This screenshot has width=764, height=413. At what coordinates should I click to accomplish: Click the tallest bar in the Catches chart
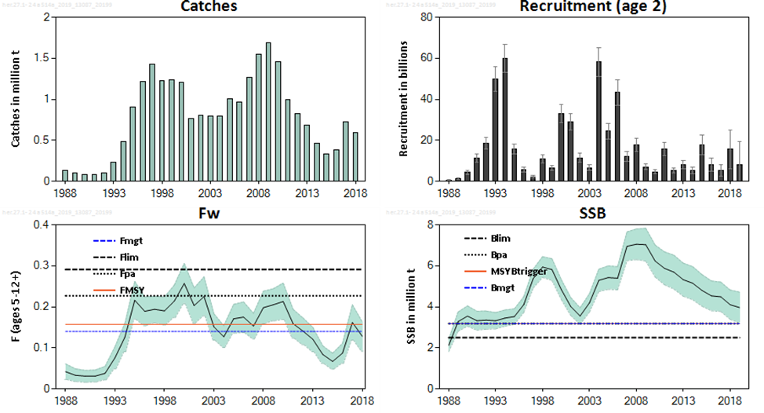268,111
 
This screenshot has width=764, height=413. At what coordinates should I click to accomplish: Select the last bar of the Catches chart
355,156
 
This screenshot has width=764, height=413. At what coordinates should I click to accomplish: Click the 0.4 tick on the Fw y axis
44,225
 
